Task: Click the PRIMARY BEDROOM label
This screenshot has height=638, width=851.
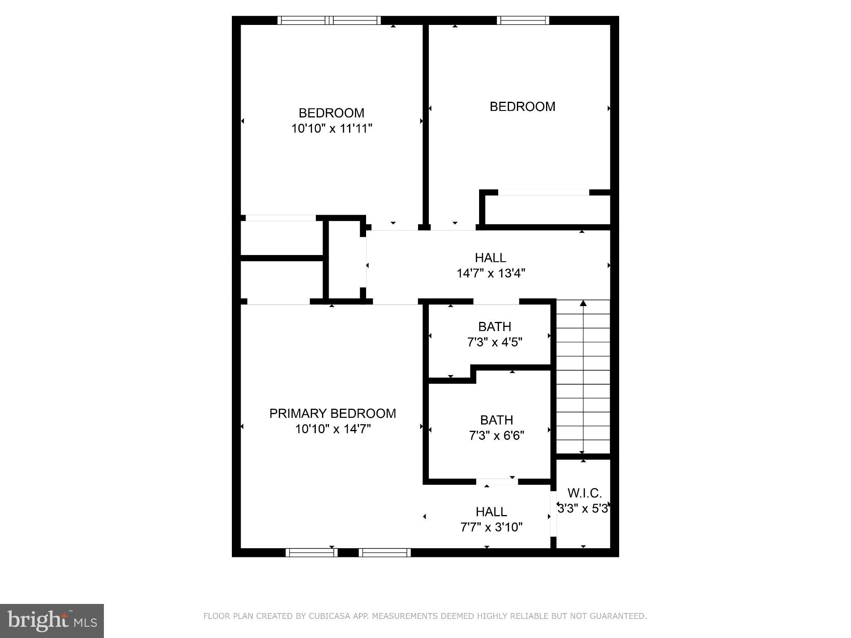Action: tap(332, 413)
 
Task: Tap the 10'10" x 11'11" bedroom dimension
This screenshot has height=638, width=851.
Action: tap(332, 129)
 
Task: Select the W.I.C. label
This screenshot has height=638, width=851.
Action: tap(584, 493)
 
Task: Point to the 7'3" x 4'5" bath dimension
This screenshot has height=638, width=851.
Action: tap(494, 342)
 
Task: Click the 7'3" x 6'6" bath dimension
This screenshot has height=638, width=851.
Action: tap(497, 436)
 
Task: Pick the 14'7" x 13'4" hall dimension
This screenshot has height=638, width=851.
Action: tap(491, 273)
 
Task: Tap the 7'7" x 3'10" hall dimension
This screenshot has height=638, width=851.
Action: tap(491, 527)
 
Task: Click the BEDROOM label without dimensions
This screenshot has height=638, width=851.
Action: tap(522, 107)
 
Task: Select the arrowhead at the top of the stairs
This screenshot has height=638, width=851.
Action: tap(583, 303)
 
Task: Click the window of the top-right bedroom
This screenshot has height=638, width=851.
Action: tap(523, 20)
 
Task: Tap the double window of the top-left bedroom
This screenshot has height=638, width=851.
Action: tap(329, 20)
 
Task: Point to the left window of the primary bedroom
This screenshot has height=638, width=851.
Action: tap(311, 552)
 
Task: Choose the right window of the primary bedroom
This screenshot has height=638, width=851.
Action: tap(384, 552)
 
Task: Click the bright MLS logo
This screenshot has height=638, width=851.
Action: tap(52, 621)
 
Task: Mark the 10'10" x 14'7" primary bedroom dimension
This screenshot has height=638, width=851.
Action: tap(333, 429)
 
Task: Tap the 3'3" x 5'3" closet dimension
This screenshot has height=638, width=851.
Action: tap(583, 508)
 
